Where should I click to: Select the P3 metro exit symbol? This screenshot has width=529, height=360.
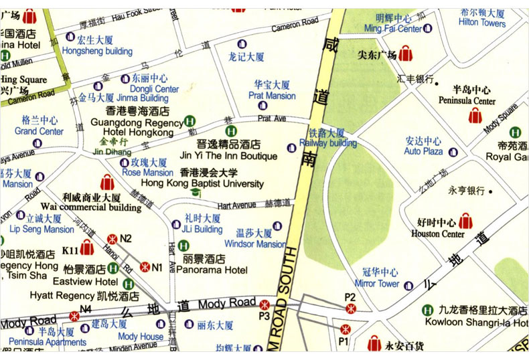tap(264, 304)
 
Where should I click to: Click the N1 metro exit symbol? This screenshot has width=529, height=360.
tap(144, 266)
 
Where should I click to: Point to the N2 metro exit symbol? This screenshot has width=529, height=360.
tap(112, 238)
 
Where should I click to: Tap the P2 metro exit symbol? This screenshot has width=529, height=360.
tap(349, 308)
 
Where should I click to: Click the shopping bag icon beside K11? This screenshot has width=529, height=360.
tap(86, 249)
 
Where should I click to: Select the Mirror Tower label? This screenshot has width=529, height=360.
tap(377, 284)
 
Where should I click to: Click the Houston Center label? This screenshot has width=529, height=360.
tap(438, 234)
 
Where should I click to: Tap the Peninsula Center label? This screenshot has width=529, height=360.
tap(467, 101)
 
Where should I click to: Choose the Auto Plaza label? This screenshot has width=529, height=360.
tap(423, 151)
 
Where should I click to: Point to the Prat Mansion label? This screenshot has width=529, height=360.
tap(272, 96)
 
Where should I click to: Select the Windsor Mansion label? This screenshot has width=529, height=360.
tap(254, 244)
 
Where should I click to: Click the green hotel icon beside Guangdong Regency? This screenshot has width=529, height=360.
tap(190, 123)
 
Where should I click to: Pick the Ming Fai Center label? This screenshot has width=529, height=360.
tap(392, 29)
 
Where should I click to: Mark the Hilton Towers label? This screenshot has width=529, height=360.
tap(482, 23)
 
